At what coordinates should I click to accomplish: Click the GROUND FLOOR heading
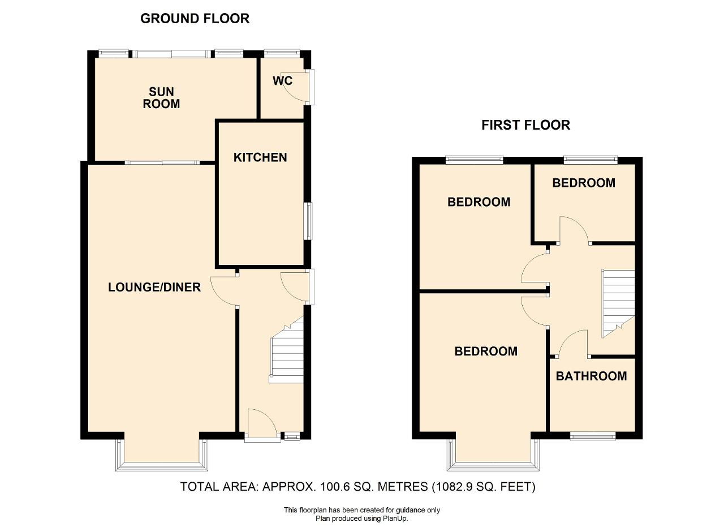(x=195, y=19)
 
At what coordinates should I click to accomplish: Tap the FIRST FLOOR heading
(x=526, y=125)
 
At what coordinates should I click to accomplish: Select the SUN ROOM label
(x=161, y=98)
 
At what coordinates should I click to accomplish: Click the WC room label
(x=282, y=81)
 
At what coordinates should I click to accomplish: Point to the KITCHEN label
(x=260, y=157)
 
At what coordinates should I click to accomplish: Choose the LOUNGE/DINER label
(x=154, y=288)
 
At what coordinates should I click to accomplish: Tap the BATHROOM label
(x=592, y=376)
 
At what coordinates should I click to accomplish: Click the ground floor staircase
(x=287, y=350)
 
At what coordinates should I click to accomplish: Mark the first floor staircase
(x=618, y=304)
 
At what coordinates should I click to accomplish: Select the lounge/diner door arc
(x=222, y=291)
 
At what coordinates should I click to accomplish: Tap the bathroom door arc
(x=573, y=343)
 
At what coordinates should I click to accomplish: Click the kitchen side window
(x=309, y=221)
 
